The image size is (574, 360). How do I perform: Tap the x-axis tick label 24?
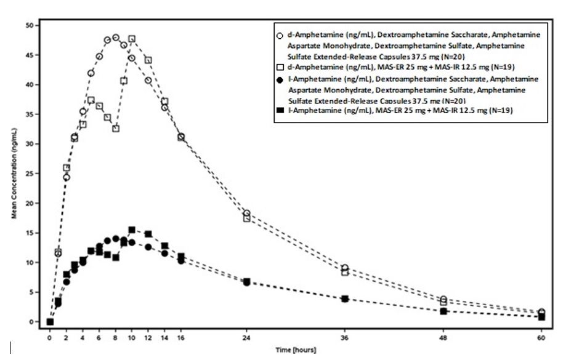[x=246, y=338]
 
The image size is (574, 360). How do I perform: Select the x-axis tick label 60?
[x=541, y=338]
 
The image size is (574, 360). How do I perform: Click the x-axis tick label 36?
[x=345, y=338]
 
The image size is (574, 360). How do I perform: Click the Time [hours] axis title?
[x=296, y=350]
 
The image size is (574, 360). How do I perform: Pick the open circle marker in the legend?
[x=281, y=36]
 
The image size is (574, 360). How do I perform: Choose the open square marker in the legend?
[x=281, y=66]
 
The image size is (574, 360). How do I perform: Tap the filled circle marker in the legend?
[x=281, y=81]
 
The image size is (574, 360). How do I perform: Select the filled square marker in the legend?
[x=281, y=110]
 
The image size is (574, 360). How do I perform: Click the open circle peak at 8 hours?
[x=115, y=38]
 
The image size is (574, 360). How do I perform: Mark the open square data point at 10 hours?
[x=132, y=39]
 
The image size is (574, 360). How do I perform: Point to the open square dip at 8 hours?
[x=115, y=129]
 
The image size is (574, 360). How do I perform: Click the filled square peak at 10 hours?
[x=132, y=230]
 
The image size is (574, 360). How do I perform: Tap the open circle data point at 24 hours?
[x=246, y=214]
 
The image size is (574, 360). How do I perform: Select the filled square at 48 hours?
[x=443, y=311]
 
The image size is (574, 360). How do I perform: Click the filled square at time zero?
[x=50, y=322]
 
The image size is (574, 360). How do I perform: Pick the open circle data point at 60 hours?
[x=541, y=312]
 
